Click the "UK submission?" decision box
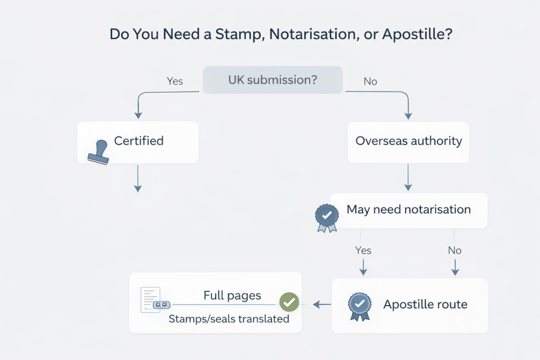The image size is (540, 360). [273, 80]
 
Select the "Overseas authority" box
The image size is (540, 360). [408, 141]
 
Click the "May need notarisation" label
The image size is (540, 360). [408, 209]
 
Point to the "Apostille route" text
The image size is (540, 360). [425, 305]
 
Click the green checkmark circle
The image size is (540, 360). [288, 302]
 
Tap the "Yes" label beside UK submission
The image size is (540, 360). [175, 81]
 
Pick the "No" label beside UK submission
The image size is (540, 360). [370, 82]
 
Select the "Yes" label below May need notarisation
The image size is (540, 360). [363, 250]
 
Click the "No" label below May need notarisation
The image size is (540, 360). [455, 250]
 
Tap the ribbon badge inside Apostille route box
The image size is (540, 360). [360, 306]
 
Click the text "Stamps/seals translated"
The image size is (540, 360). [229, 319]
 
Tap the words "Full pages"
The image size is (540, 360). [232, 296]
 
